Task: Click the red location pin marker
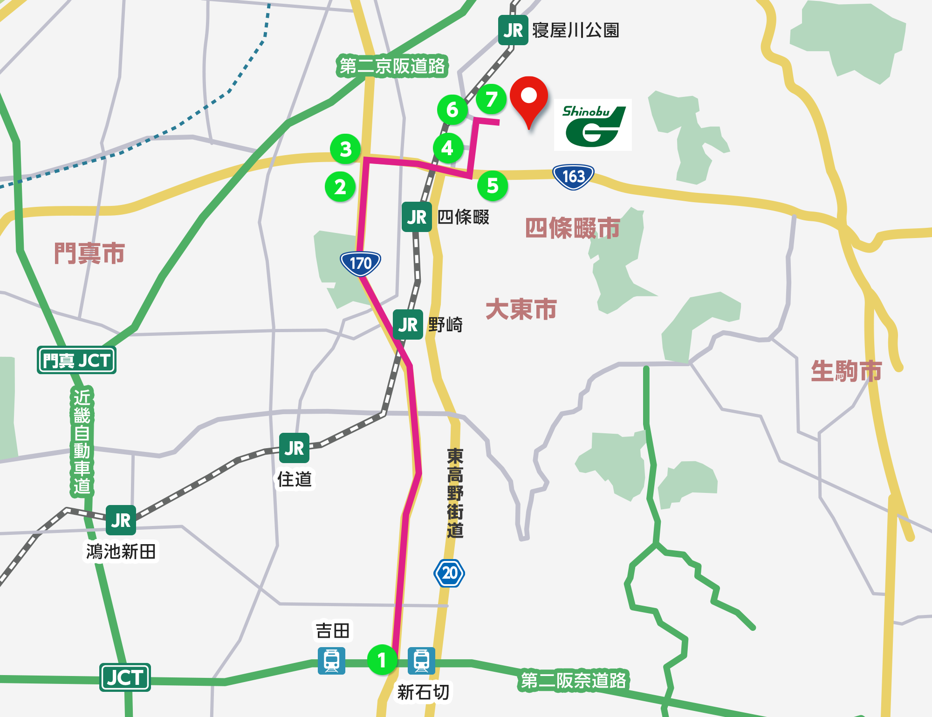(x=528, y=98)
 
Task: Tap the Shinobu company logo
(x=592, y=125)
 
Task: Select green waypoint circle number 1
(x=382, y=660)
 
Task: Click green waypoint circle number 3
(x=345, y=149)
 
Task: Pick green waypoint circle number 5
(x=493, y=186)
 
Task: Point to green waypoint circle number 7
(x=491, y=99)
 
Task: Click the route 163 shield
(x=573, y=177)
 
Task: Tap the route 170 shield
(x=360, y=263)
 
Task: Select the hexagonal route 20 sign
(x=449, y=573)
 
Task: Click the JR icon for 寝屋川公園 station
(x=513, y=30)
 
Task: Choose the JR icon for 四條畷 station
(x=417, y=217)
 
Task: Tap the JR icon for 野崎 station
(x=408, y=325)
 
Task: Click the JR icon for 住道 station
(x=294, y=448)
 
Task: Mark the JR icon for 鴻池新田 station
(x=121, y=520)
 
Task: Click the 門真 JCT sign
(x=76, y=360)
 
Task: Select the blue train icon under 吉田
(x=331, y=661)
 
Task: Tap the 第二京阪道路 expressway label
(x=392, y=66)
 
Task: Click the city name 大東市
(x=521, y=309)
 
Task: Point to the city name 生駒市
(x=846, y=371)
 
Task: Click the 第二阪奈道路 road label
(x=573, y=681)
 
